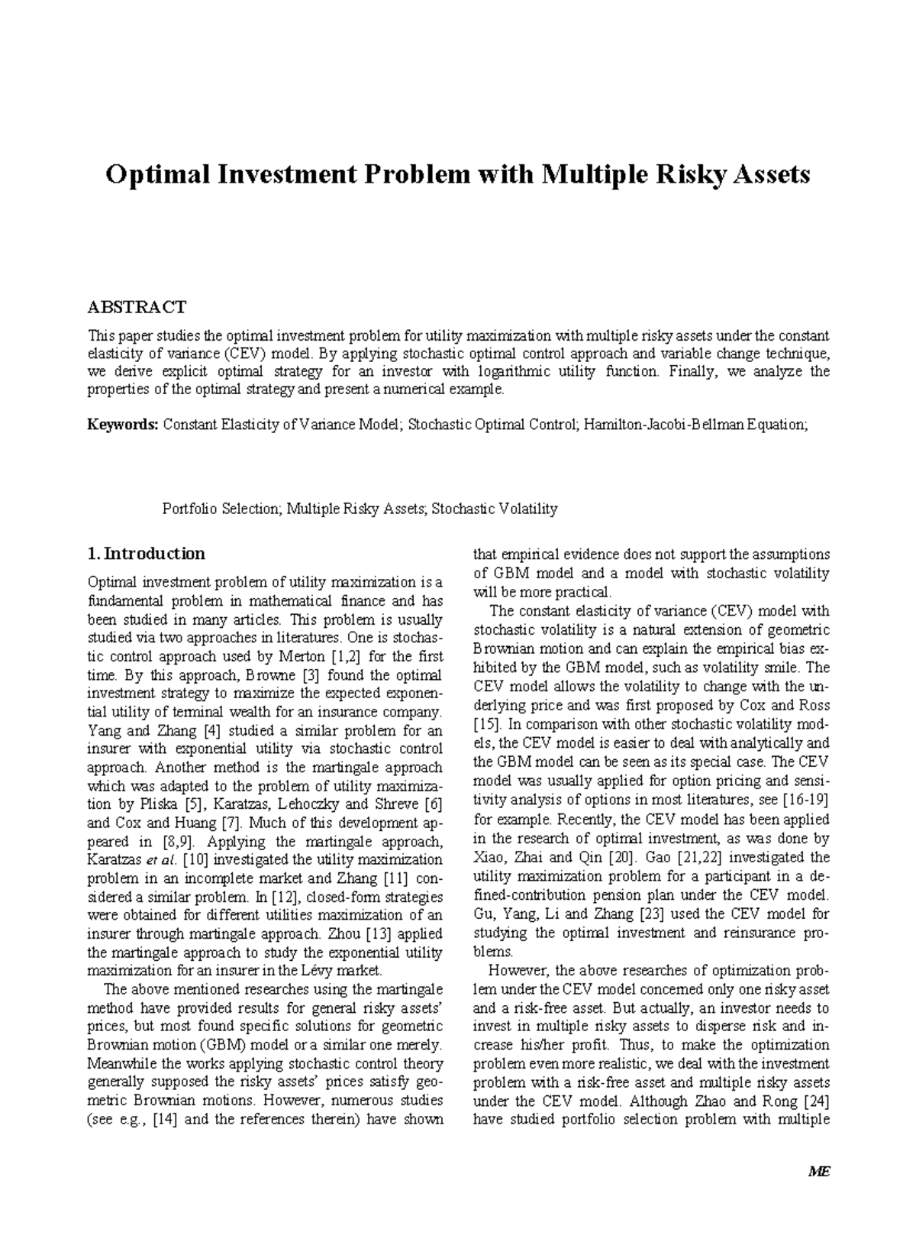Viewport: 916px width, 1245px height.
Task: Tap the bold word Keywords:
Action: (123, 425)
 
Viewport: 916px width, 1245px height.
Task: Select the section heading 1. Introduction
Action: (147, 553)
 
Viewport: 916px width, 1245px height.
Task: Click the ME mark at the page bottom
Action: (820, 1194)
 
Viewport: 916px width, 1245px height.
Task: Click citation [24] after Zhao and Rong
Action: (814, 1101)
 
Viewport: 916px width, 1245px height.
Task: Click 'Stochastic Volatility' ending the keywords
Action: (495, 509)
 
